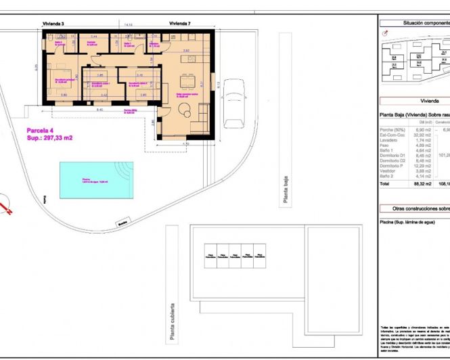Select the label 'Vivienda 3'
pos(53,24)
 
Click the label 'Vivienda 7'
pos(179,24)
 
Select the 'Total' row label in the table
pos(385,183)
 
